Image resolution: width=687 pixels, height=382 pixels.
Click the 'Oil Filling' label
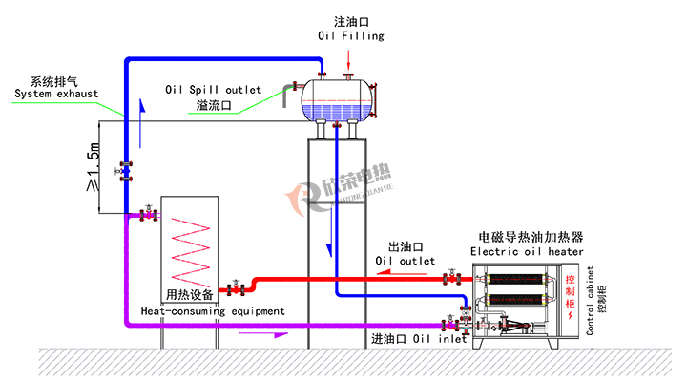(x=351, y=35)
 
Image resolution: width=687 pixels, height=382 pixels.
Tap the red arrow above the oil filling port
(x=349, y=60)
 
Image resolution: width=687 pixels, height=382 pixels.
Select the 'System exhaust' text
(x=56, y=94)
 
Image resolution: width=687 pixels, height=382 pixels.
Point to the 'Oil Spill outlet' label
(x=213, y=90)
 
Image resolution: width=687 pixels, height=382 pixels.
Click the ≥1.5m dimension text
(x=94, y=167)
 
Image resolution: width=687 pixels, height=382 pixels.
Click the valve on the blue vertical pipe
(x=125, y=172)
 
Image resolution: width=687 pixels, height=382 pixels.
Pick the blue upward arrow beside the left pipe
(x=141, y=124)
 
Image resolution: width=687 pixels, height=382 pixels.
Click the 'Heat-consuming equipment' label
(x=213, y=311)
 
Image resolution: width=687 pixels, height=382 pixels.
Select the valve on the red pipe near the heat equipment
(x=236, y=288)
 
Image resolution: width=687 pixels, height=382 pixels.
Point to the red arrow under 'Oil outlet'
(x=402, y=273)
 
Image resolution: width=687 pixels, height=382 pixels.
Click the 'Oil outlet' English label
(x=405, y=261)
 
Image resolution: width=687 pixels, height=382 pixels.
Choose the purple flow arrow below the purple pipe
(x=263, y=334)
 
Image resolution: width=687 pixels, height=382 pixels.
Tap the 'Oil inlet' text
(x=440, y=339)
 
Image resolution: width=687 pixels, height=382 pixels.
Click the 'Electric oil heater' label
(x=527, y=252)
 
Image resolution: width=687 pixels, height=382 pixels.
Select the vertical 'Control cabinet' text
(x=590, y=301)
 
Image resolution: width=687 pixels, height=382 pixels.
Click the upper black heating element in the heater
(x=515, y=280)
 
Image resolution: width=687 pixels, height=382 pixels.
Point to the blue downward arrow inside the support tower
(x=329, y=232)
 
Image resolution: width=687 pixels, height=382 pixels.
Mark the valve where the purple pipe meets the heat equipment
(x=148, y=215)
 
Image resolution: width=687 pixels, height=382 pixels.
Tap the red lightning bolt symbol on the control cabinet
(x=570, y=315)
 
